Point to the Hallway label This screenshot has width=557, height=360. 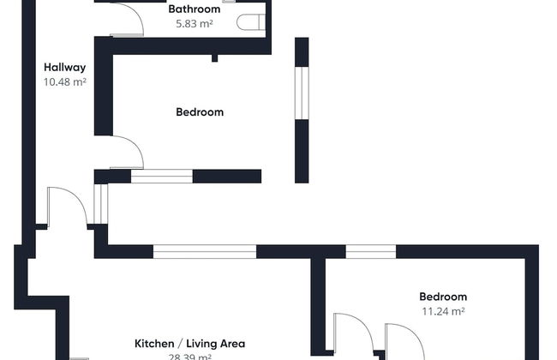[x=65, y=67]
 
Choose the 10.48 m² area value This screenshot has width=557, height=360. [x=65, y=82]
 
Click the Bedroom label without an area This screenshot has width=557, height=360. [x=200, y=111]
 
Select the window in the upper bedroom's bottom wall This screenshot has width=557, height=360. [x=161, y=177]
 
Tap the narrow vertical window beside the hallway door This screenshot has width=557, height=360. [x=101, y=204]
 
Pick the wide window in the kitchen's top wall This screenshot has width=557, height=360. [x=204, y=251]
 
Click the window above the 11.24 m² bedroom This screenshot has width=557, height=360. [x=370, y=251]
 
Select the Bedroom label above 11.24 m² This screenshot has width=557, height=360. [x=443, y=297]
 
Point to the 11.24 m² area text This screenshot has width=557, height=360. [x=443, y=312]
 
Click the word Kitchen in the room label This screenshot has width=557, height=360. [x=152, y=344]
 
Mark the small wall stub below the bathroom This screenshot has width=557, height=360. [x=214, y=58]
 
